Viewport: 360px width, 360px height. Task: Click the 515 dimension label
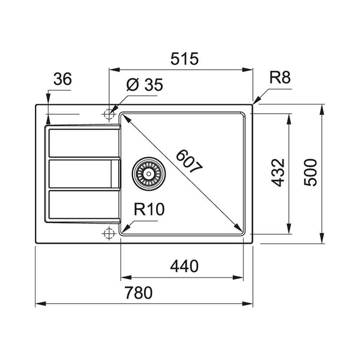pyautogui.click(x=184, y=59)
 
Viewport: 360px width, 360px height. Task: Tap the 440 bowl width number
pyautogui.click(x=184, y=266)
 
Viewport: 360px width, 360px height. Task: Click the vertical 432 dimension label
pyautogui.click(x=278, y=172)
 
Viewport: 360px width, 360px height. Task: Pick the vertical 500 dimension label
pyautogui.click(x=310, y=172)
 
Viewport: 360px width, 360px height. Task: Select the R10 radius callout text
pyautogui.click(x=149, y=209)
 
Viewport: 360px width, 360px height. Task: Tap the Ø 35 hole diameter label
pyautogui.click(x=144, y=85)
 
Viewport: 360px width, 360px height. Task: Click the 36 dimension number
pyautogui.click(x=62, y=79)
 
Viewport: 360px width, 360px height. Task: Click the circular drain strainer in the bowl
pyautogui.click(x=149, y=174)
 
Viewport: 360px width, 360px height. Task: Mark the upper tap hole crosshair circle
pyautogui.click(x=109, y=114)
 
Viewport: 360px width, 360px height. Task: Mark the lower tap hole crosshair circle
pyautogui.click(x=109, y=233)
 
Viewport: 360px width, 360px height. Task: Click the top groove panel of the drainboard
pyautogui.click(x=84, y=143)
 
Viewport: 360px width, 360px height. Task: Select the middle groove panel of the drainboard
pyautogui.click(x=84, y=174)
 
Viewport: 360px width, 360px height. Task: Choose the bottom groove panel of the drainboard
pyautogui.click(x=84, y=204)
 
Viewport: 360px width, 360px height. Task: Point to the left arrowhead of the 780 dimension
pyautogui.click(x=41, y=304)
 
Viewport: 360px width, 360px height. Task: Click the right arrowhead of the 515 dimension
pyautogui.click(x=248, y=69)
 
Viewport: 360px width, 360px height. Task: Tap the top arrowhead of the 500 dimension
pyautogui.click(x=322, y=109)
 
